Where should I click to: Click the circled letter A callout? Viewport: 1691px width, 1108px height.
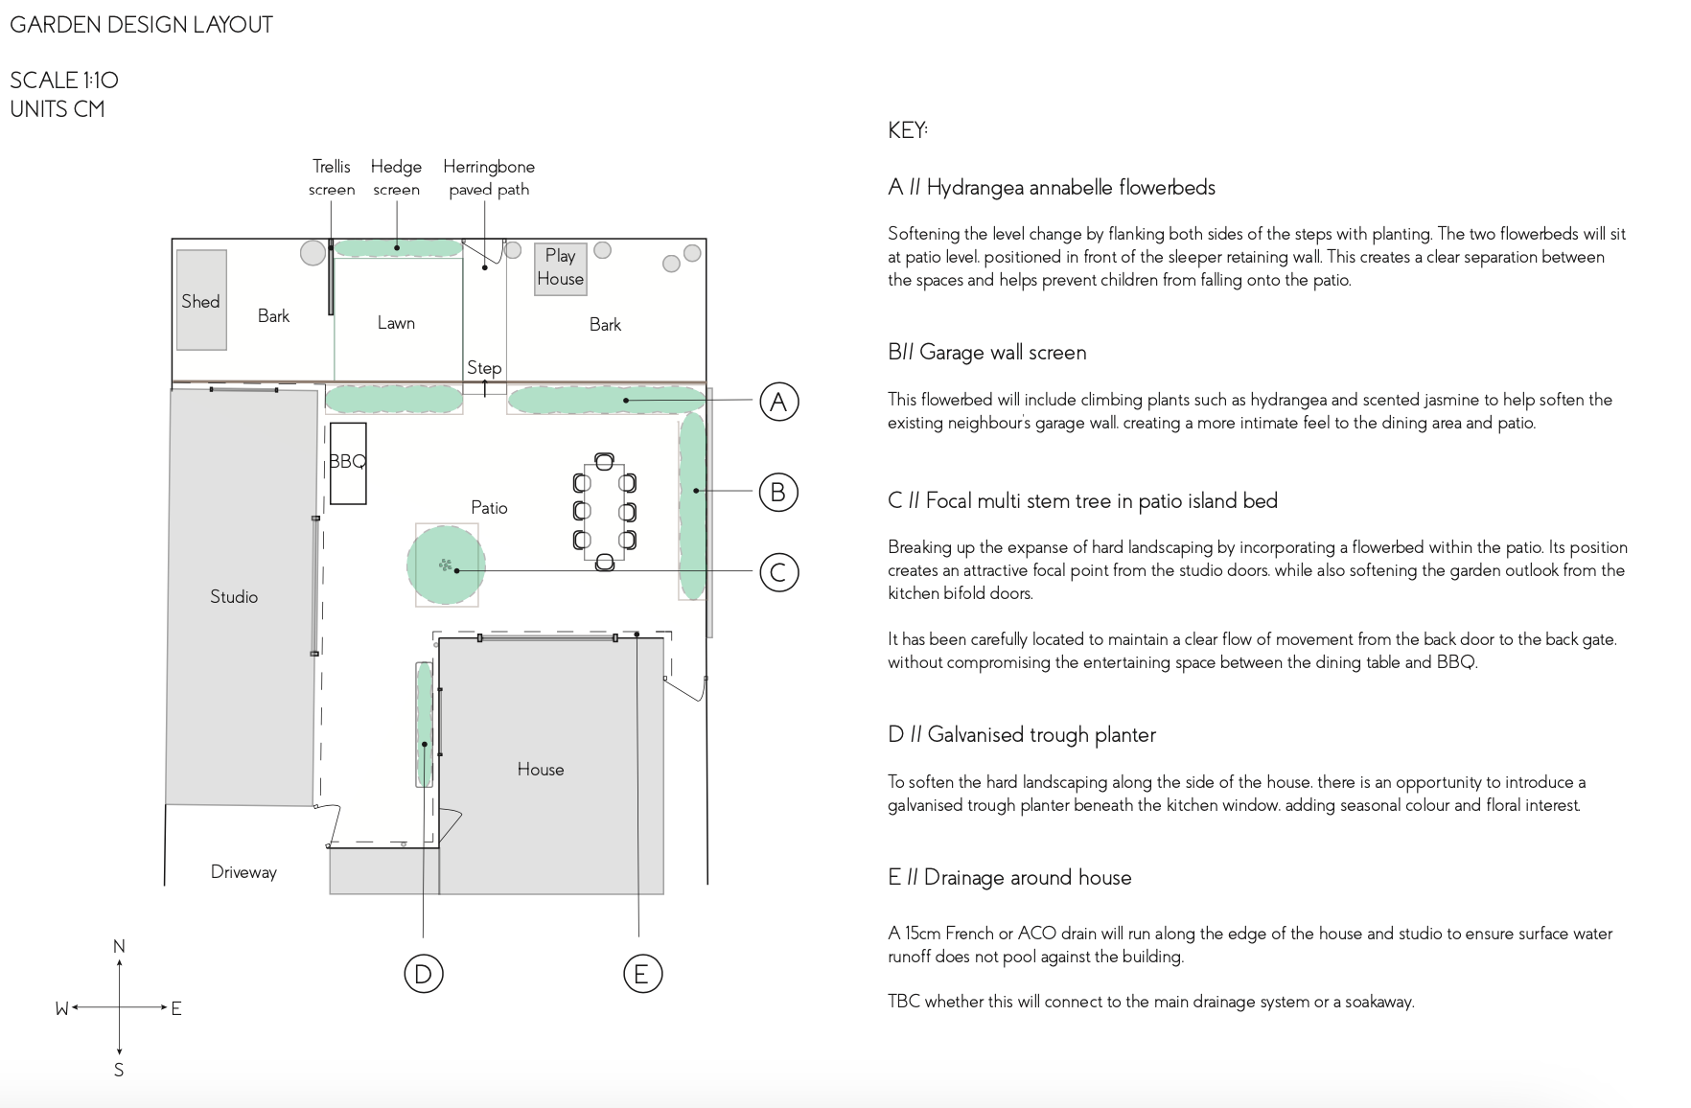(778, 402)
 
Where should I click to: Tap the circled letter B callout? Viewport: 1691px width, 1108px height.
(778, 493)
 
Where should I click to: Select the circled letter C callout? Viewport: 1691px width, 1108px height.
(778, 573)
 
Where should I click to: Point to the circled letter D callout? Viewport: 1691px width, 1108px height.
(423, 974)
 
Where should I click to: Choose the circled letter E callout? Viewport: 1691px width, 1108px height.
(642, 974)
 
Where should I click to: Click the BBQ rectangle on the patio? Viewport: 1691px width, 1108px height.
(348, 463)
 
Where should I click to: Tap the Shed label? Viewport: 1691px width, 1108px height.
(200, 301)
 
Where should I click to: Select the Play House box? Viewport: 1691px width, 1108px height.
(561, 268)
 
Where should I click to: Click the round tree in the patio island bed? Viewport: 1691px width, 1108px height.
(446, 565)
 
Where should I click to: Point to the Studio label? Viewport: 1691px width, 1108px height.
(234, 596)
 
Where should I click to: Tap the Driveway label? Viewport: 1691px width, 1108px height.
(243, 872)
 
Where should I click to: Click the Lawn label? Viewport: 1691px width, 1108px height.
(396, 323)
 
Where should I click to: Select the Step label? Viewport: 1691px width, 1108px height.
(484, 368)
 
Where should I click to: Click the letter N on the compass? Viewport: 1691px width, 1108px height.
(119, 947)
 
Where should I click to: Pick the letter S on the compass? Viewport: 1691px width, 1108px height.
(119, 1070)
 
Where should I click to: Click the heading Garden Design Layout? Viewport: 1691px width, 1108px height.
(142, 25)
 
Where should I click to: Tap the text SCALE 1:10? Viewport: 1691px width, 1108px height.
(64, 81)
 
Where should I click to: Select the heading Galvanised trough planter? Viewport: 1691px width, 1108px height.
(1041, 735)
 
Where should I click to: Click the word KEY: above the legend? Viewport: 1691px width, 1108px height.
(908, 130)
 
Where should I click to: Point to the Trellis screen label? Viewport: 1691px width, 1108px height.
(332, 178)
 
